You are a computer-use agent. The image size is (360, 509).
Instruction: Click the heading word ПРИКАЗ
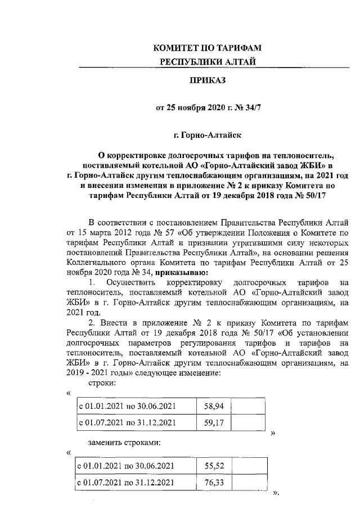click(208, 82)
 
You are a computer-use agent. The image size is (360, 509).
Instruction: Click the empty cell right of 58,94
click(247, 404)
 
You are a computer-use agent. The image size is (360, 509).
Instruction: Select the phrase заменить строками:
click(124, 443)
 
